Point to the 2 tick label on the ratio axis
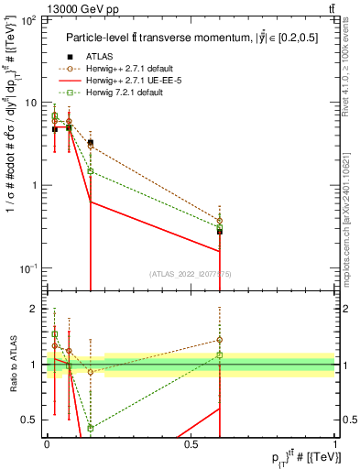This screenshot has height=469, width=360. [38, 309]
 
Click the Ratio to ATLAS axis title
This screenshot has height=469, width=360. [12, 364]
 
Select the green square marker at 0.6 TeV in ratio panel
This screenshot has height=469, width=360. [220, 354]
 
